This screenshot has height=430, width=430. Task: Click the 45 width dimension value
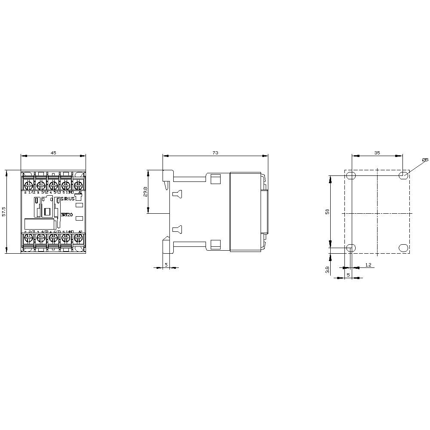(53, 153)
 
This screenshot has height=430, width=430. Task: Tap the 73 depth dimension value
(215, 153)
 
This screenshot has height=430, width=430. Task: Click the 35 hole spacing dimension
(377, 153)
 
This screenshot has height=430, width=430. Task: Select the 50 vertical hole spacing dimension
(327, 212)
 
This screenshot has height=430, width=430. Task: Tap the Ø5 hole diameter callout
(425, 160)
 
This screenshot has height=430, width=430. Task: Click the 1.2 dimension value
(368, 265)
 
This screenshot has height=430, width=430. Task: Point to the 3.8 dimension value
(327, 270)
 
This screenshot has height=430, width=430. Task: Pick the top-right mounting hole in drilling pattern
(403, 175)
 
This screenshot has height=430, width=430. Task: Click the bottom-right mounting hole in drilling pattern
(403, 248)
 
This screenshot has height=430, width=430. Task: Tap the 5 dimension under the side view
(166, 265)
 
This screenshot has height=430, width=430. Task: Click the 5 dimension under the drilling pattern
(348, 274)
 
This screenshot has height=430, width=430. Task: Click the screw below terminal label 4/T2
(40, 237)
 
